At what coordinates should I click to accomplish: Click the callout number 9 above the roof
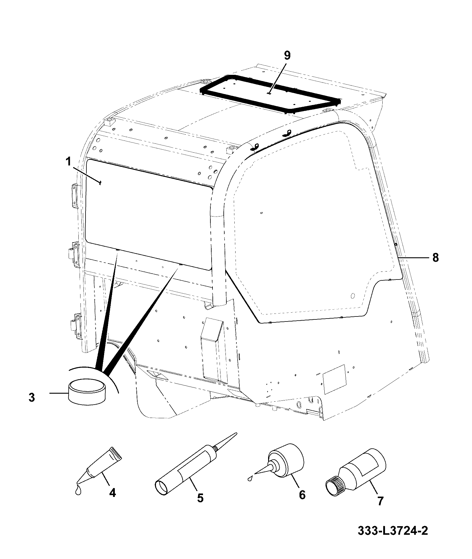[x=287, y=56]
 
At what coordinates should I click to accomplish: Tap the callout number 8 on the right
[x=435, y=258]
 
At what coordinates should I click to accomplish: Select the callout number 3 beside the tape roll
[x=32, y=397]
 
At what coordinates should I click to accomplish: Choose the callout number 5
[x=200, y=498]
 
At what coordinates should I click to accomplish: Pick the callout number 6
[x=302, y=494]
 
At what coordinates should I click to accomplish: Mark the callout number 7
[x=380, y=501]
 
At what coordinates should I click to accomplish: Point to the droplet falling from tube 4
[x=78, y=490]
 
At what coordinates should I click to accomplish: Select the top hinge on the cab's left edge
[x=74, y=196]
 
